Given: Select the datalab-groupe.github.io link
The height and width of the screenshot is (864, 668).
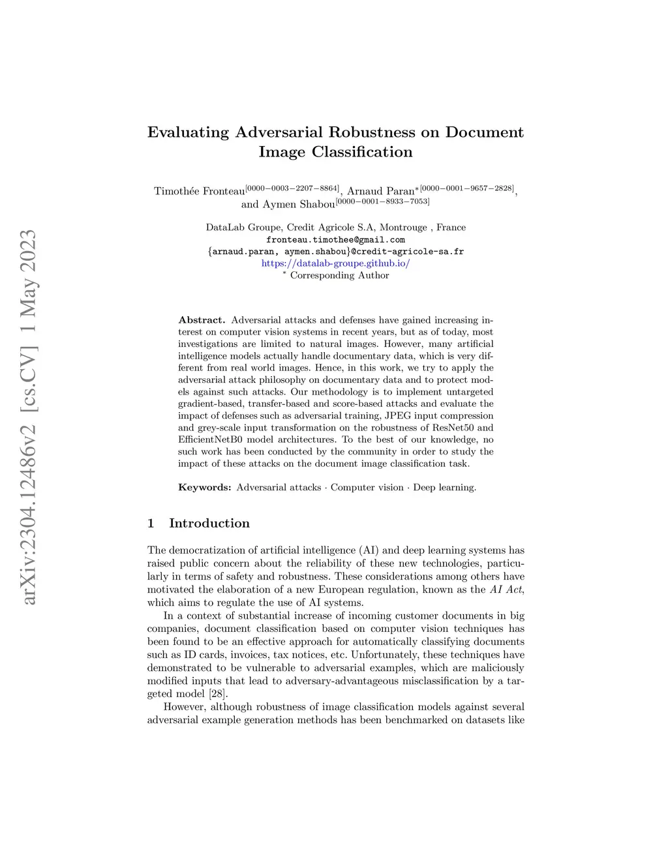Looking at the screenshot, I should pos(335,263).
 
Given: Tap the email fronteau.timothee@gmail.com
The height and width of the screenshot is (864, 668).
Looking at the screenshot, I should pos(335,239).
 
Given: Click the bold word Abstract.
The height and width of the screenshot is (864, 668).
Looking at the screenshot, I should pos(202,320).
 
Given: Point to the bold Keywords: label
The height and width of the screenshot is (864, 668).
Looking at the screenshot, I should pos(204,487).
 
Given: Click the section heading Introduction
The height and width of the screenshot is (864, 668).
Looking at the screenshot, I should pos(209,523).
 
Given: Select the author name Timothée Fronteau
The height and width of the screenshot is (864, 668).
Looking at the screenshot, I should pos(199,191).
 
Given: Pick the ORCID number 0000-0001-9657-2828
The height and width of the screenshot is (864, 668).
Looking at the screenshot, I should pos(467,188).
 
